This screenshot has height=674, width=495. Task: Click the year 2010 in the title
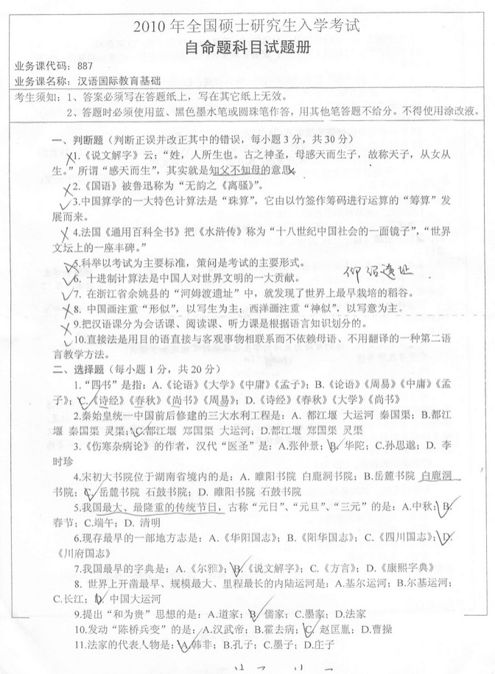coord(152,28)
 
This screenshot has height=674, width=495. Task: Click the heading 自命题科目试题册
coord(247,47)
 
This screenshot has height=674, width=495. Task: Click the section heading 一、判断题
coord(77,139)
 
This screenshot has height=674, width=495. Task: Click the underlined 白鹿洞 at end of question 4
coord(437,477)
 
